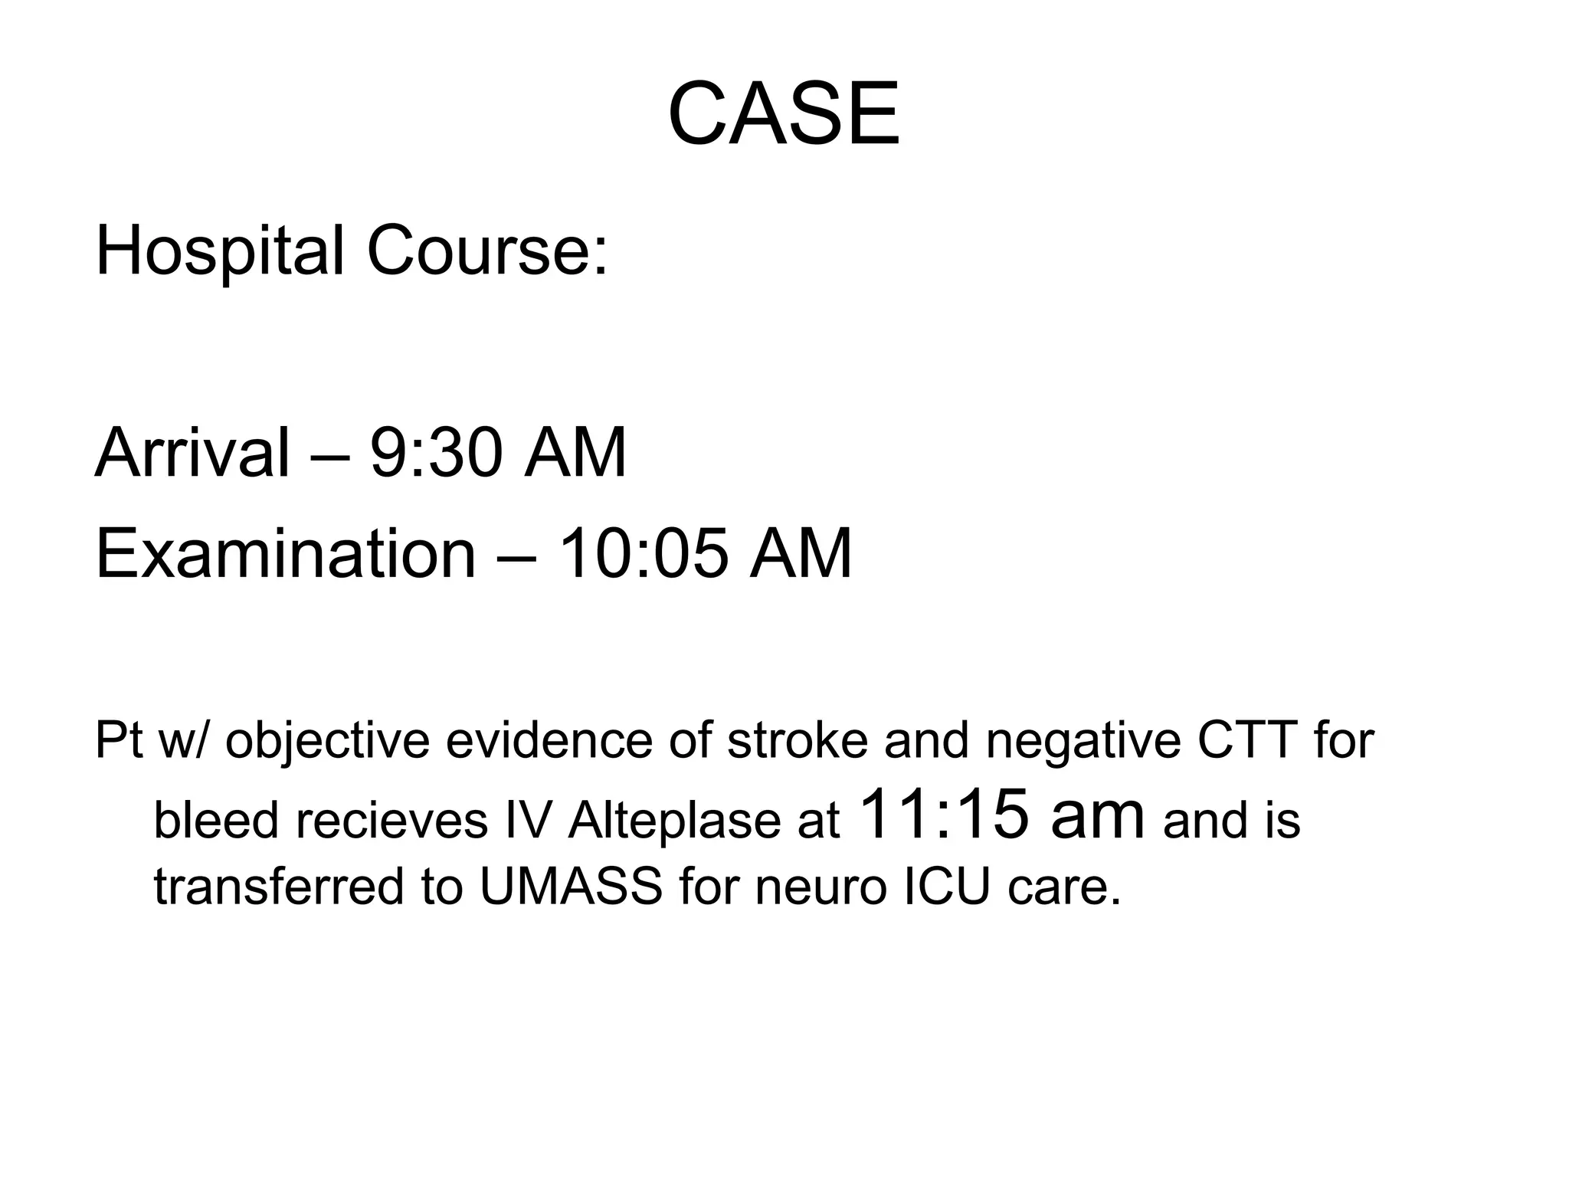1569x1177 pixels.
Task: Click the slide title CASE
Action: click(784, 116)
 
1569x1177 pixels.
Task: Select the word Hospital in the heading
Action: click(219, 252)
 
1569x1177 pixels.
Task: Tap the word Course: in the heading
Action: click(487, 252)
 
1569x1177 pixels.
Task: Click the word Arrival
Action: click(192, 453)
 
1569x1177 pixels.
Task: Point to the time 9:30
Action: click(436, 453)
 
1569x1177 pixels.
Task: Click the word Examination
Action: click(285, 553)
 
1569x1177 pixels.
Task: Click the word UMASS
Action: click(571, 886)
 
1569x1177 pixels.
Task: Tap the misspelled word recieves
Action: click(391, 821)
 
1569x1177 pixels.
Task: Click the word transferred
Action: click(279, 886)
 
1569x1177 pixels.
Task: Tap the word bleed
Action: click(216, 821)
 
